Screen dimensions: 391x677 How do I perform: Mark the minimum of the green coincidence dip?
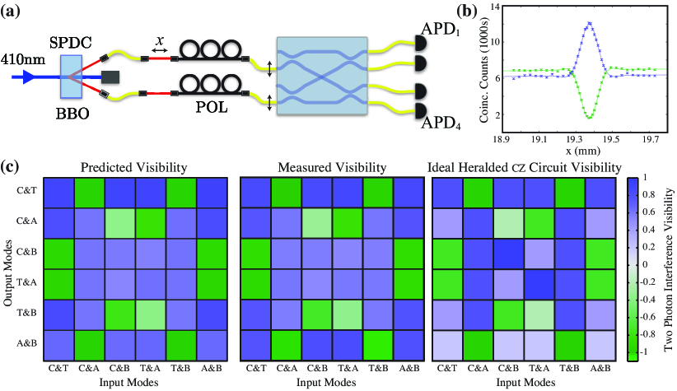click(589, 117)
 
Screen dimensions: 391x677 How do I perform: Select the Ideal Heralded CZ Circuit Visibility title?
click(525, 168)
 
